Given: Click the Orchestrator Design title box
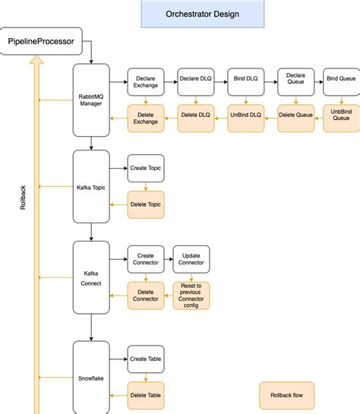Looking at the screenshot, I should point(203,14).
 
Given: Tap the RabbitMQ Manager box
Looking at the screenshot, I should point(91,100).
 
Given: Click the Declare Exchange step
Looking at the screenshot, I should point(145,81).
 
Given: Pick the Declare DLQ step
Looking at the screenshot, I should point(195,81).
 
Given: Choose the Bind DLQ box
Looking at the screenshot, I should point(245,81).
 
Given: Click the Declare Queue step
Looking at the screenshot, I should point(295,81).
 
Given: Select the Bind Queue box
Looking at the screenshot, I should point(342,81).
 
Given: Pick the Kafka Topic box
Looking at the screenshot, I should point(91,186).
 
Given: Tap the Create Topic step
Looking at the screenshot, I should point(145,168).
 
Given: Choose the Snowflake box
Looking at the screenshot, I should point(91,378).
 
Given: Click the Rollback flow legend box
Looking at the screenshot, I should point(286,395).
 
